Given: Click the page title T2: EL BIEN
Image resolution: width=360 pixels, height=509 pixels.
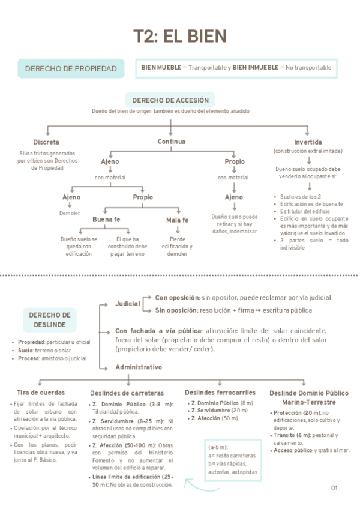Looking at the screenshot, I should click(x=179, y=36).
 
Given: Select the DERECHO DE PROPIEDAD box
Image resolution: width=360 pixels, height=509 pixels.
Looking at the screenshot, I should click(x=71, y=69).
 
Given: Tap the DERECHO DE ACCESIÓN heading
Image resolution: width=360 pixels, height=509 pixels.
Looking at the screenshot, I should click(x=170, y=100).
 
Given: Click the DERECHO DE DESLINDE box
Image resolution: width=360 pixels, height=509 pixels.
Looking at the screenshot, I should click(x=50, y=320).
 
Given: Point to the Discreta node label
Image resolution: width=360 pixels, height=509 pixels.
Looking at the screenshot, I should click(x=46, y=142).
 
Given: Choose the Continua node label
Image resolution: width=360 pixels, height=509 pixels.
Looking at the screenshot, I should click(x=171, y=142).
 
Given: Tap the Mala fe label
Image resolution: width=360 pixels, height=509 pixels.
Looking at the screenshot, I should click(x=177, y=220).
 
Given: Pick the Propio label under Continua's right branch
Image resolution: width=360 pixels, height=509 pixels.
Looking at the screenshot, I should click(x=235, y=161).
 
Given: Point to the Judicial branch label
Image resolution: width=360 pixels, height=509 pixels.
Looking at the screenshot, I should click(x=128, y=304).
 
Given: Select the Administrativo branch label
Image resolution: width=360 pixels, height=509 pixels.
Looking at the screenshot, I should click(x=138, y=366).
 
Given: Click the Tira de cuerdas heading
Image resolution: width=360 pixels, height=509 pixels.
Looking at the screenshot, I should click(x=40, y=392).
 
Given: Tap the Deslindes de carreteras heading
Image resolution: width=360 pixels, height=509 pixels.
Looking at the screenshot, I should click(x=127, y=393).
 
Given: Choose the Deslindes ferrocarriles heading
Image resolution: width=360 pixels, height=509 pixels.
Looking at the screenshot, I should click(x=221, y=392).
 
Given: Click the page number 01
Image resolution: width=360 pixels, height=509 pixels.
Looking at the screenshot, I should click(x=334, y=488).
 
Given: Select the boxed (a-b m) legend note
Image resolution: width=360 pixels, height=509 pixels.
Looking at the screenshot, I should click(x=233, y=460).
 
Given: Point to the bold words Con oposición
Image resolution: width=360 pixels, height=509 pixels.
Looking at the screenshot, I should click(x=177, y=297).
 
